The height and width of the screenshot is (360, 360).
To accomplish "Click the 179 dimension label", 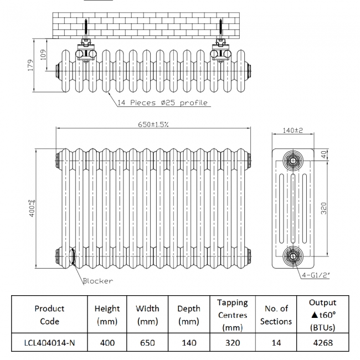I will tap(31, 65).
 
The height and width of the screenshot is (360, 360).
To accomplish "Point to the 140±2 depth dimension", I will tap(293, 130).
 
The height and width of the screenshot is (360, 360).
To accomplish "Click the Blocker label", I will tap(97, 281).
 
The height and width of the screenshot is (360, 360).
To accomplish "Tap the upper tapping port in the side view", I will tap(292, 161).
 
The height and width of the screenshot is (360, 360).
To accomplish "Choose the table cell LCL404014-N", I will tap(49, 343).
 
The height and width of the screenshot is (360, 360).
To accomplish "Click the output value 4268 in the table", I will tap(323, 343).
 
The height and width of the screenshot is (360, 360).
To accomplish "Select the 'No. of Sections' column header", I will tap(275, 315).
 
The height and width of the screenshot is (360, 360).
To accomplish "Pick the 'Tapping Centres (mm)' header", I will tap(233, 315).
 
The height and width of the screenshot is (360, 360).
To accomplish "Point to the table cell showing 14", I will tap(275, 343).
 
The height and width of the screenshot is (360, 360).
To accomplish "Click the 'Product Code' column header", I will tap(49, 315).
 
